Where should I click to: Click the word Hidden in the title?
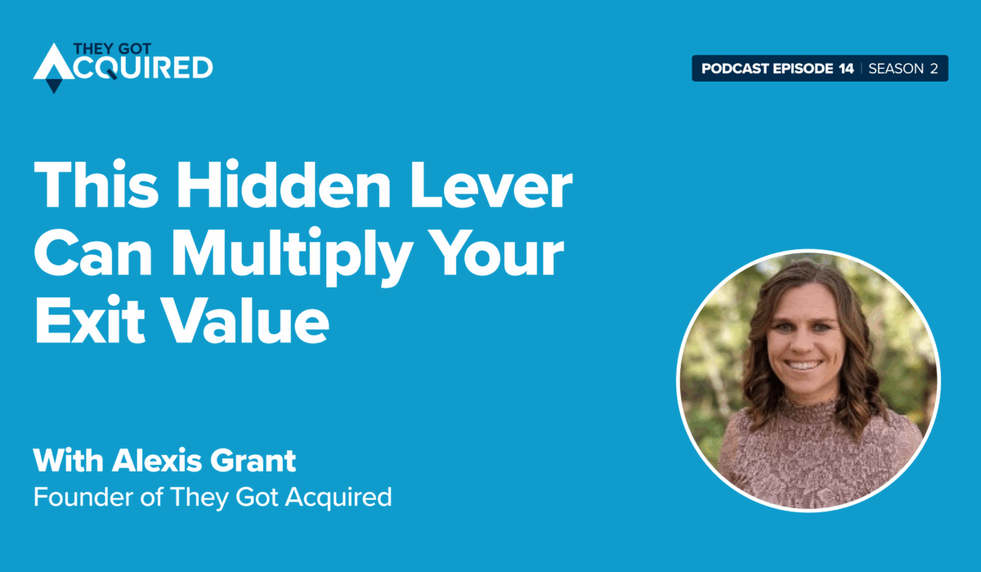click(283, 184)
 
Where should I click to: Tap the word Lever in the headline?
click(491, 184)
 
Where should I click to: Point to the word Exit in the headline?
click(89, 320)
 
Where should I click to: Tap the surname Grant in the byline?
click(253, 460)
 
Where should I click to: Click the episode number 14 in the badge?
click(847, 69)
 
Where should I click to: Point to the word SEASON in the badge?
click(896, 69)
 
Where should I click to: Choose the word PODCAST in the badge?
click(735, 69)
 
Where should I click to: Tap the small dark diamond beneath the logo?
click(54, 85)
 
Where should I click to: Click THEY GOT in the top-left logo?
click(112, 48)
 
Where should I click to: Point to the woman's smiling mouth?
click(802, 364)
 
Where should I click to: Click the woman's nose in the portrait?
click(802, 344)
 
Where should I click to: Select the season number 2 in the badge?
click(934, 69)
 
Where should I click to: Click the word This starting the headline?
click(96, 184)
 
